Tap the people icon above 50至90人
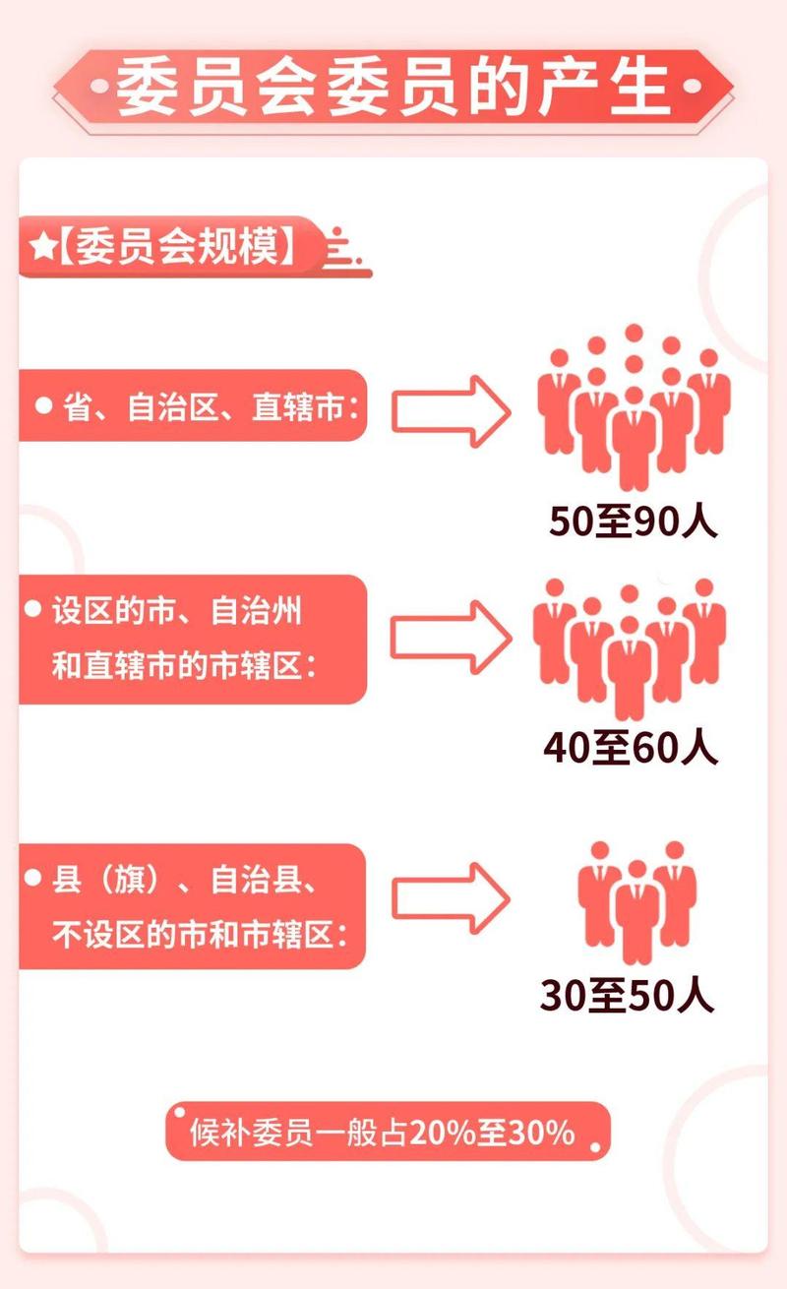pos(635,408)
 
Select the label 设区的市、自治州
pos(177,612)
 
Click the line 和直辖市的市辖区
pos(187,666)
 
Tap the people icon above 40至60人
pos(631,644)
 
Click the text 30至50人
pos(628,997)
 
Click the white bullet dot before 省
pos(43,404)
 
